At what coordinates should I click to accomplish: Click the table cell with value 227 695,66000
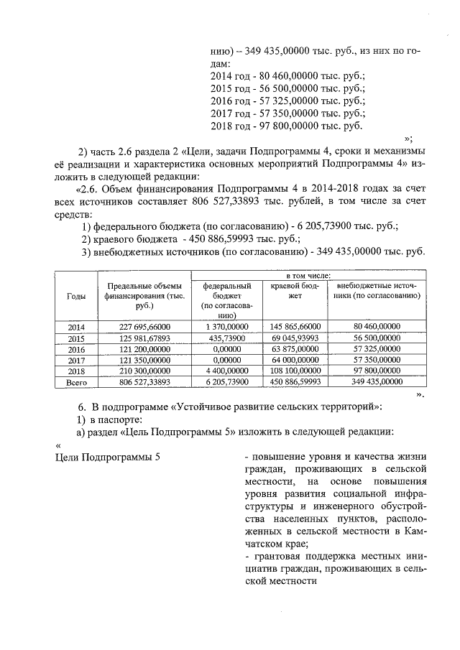(x=142, y=327)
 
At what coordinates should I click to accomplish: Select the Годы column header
(x=76, y=296)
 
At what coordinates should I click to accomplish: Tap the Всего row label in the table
(x=76, y=384)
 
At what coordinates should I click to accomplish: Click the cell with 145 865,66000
(x=295, y=327)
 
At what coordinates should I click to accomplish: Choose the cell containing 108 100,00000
(x=295, y=372)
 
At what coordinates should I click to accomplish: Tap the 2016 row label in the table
(x=76, y=350)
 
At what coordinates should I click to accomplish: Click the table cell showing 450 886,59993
(x=295, y=384)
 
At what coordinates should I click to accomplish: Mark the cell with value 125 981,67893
(x=142, y=338)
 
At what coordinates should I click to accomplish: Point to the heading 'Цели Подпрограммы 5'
(x=108, y=458)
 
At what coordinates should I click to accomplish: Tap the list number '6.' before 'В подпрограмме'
(x=82, y=407)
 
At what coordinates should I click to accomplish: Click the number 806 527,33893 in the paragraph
(x=234, y=202)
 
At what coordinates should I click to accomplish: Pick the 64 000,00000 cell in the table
(x=295, y=361)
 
